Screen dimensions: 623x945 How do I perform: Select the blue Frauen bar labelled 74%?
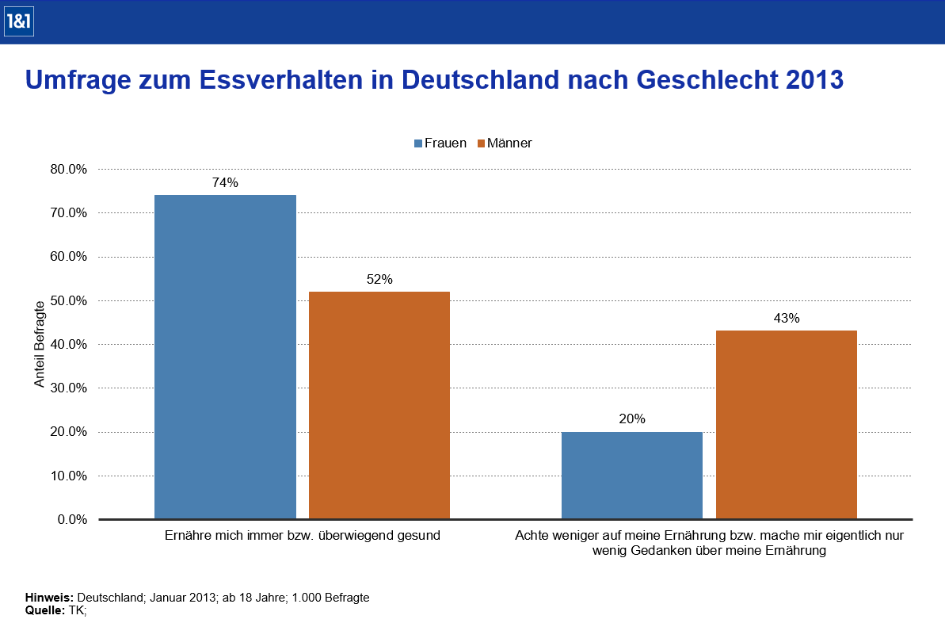pos(225,357)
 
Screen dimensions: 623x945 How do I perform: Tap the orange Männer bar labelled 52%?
pos(379,405)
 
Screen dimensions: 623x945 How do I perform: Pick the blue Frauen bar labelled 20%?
pos(631,476)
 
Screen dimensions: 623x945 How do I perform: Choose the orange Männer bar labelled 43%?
pos(786,425)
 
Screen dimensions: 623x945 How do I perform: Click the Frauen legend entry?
pos(440,143)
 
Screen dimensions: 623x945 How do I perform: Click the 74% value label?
pos(225,183)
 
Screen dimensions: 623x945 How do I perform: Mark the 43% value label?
pos(787,319)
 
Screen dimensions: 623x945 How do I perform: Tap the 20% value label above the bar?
pos(632,419)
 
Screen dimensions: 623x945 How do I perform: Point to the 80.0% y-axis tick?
pos(68,169)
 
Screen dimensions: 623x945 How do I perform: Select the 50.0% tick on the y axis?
pos(68,300)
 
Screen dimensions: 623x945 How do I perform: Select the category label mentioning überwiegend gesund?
pos(302,536)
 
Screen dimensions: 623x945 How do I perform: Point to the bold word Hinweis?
pos(49,598)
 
